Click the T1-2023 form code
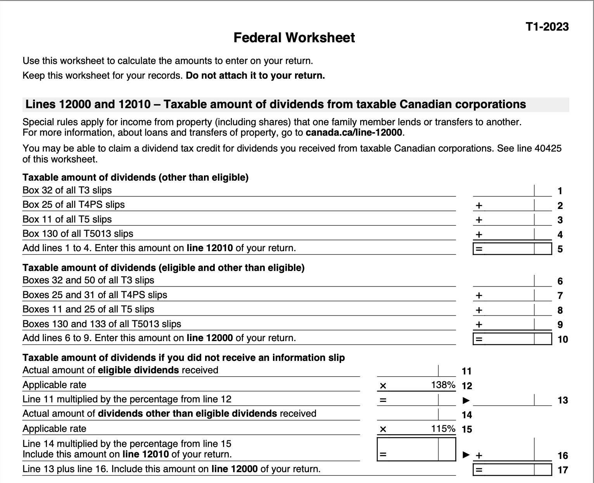click(547, 27)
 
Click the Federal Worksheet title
click(294, 38)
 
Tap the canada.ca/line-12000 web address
click(354, 133)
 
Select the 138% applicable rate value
click(443, 385)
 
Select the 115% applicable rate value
click(443, 429)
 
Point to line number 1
click(560, 191)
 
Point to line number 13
click(562, 400)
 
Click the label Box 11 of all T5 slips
click(67, 219)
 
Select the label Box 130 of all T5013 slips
click(78, 234)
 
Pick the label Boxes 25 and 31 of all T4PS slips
click(95, 295)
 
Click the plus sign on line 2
click(479, 205)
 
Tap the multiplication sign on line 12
click(383, 386)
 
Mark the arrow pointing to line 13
click(466, 400)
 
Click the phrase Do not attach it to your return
click(255, 76)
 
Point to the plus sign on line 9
click(479, 324)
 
